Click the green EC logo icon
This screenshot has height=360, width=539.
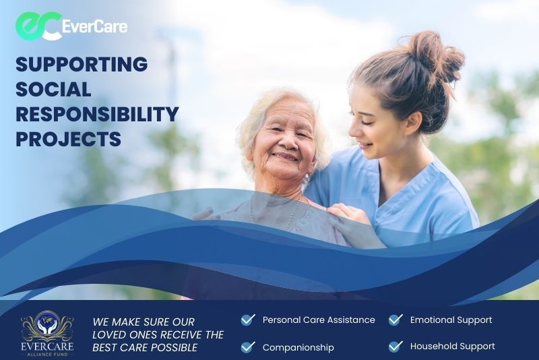[x=38, y=26]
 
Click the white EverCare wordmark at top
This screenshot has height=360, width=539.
[x=95, y=26]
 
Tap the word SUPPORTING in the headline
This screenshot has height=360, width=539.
[x=82, y=64]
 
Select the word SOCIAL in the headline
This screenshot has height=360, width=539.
[x=53, y=90]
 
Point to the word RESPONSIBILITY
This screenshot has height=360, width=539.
[x=97, y=115]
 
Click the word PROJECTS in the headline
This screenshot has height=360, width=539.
[x=69, y=140]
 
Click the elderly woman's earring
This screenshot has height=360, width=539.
[x=306, y=179]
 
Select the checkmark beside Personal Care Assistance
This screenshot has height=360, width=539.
[x=248, y=320]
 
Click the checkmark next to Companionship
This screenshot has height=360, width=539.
[x=248, y=347]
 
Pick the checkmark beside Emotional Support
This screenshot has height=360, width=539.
[x=395, y=320]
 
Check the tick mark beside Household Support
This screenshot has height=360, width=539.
[x=395, y=347]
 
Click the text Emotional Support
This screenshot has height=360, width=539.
[x=451, y=320]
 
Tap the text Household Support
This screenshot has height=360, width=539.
[x=452, y=347]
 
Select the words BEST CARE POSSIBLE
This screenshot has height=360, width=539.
[x=145, y=348]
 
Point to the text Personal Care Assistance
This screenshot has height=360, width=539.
[x=319, y=320]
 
